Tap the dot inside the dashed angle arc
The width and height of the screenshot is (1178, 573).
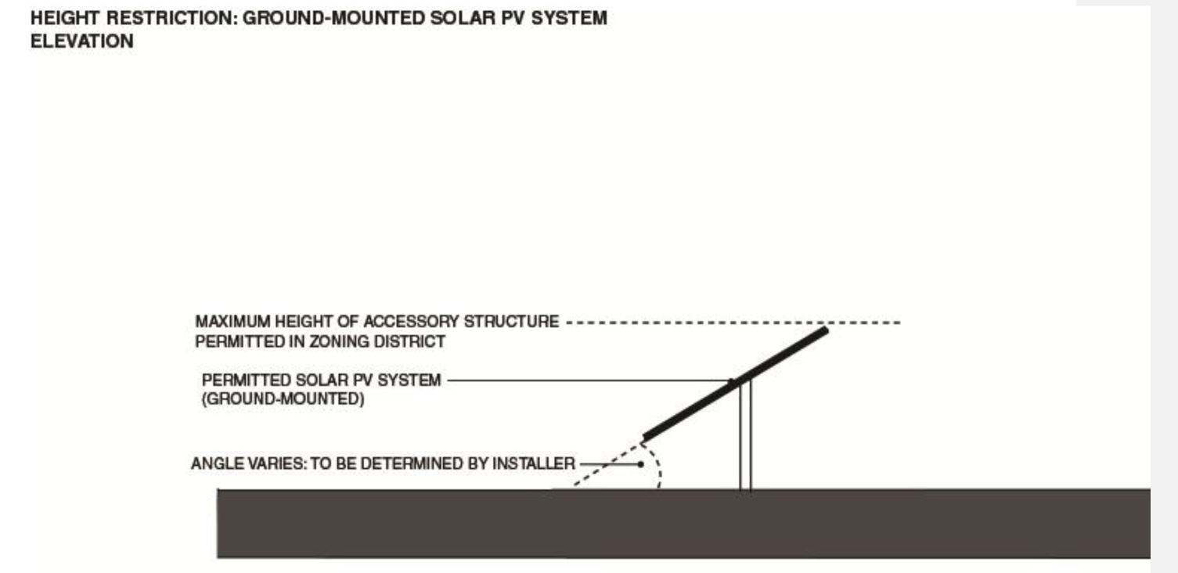[641, 463]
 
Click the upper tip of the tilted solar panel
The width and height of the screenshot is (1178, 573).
[824, 331]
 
